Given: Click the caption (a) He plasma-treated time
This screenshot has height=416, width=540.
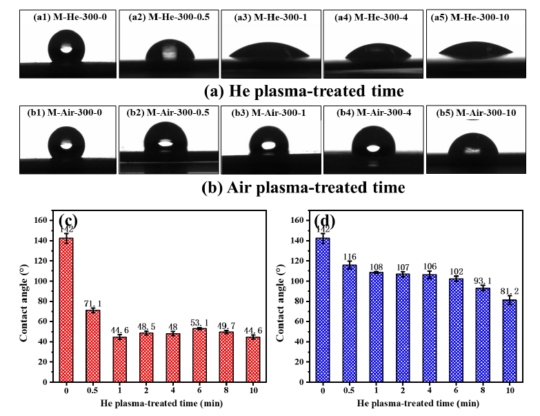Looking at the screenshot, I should tap(303, 90).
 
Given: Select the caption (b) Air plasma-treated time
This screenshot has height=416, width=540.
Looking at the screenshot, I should tap(303, 187).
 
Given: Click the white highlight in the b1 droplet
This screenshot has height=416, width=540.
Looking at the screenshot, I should tap(66, 146).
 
